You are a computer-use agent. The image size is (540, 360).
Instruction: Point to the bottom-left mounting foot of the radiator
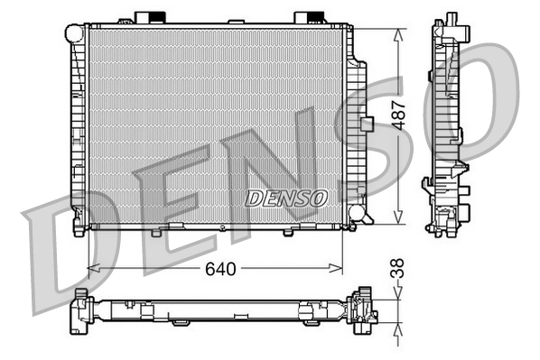79,229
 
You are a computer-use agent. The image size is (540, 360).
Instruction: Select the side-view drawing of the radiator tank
448,126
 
